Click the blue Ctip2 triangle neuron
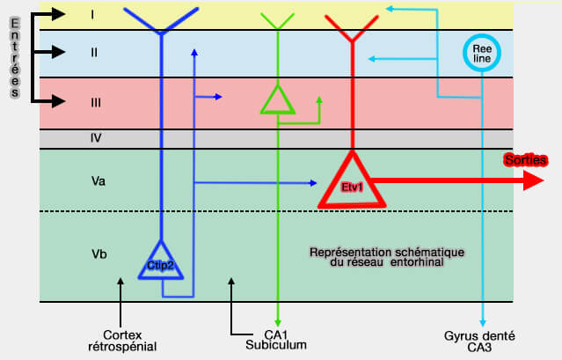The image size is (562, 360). (161, 261)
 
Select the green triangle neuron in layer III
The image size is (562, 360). (277, 99)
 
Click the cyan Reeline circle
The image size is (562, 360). (482, 53)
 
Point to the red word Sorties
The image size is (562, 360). (526, 160)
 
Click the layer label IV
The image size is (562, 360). (97, 138)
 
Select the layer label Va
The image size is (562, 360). (99, 181)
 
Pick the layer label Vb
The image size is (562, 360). (99, 254)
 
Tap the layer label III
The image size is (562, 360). (96, 102)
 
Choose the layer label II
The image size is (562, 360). (94, 52)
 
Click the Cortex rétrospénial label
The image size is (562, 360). (122, 339)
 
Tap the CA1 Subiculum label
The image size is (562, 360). (276, 339)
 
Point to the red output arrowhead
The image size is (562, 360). (532, 181)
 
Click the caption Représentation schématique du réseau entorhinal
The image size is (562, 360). (386, 258)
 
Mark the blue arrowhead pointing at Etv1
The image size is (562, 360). (312, 183)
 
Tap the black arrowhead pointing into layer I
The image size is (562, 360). (59, 14)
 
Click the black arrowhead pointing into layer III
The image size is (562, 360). (59, 101)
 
